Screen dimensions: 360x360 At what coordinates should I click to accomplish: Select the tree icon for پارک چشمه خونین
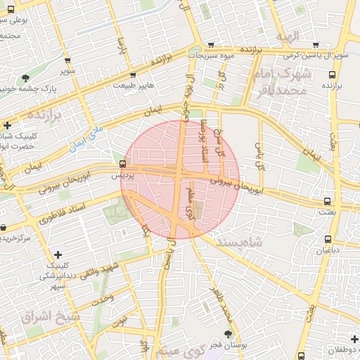coord(26,78)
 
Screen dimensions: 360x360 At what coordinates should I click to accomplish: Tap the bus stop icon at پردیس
coord(124,165)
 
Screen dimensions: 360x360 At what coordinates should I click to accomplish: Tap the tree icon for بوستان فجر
coord(227,334)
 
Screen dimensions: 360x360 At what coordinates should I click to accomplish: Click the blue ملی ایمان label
coord(86,138)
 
